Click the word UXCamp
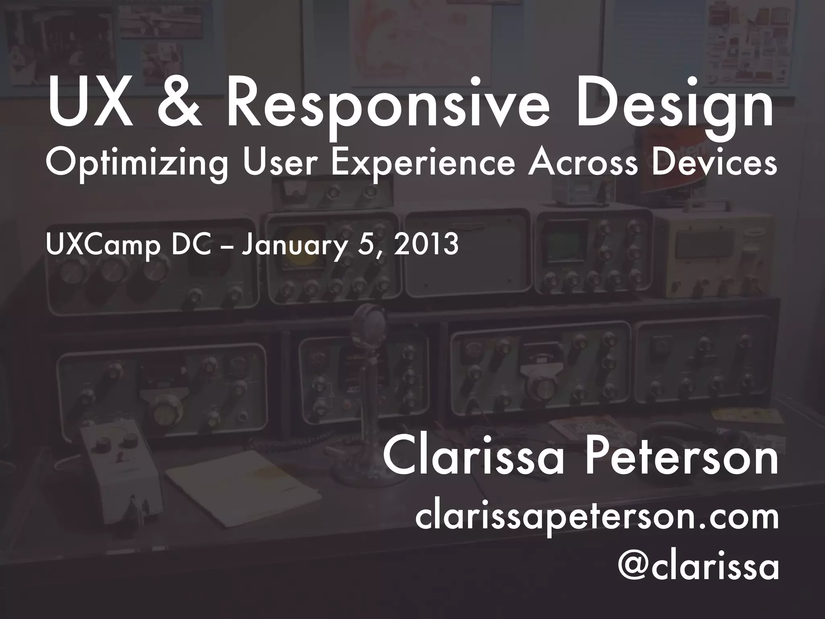[103, 245]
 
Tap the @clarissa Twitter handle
[697, 567]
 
